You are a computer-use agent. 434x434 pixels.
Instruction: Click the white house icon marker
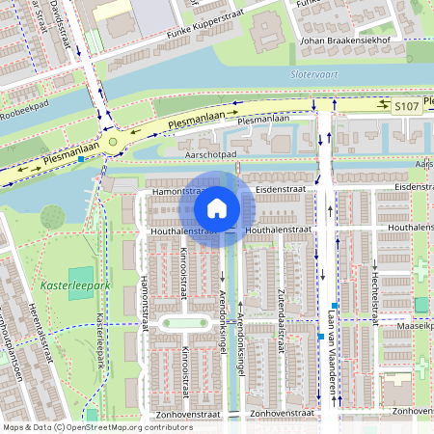click(x=217, y=207)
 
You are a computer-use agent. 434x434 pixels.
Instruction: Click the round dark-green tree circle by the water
click(x=53, y=217)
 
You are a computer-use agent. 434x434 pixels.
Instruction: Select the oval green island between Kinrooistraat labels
click(x=184, y=323)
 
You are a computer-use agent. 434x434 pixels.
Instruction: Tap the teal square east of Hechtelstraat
click(x=420, y=305)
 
